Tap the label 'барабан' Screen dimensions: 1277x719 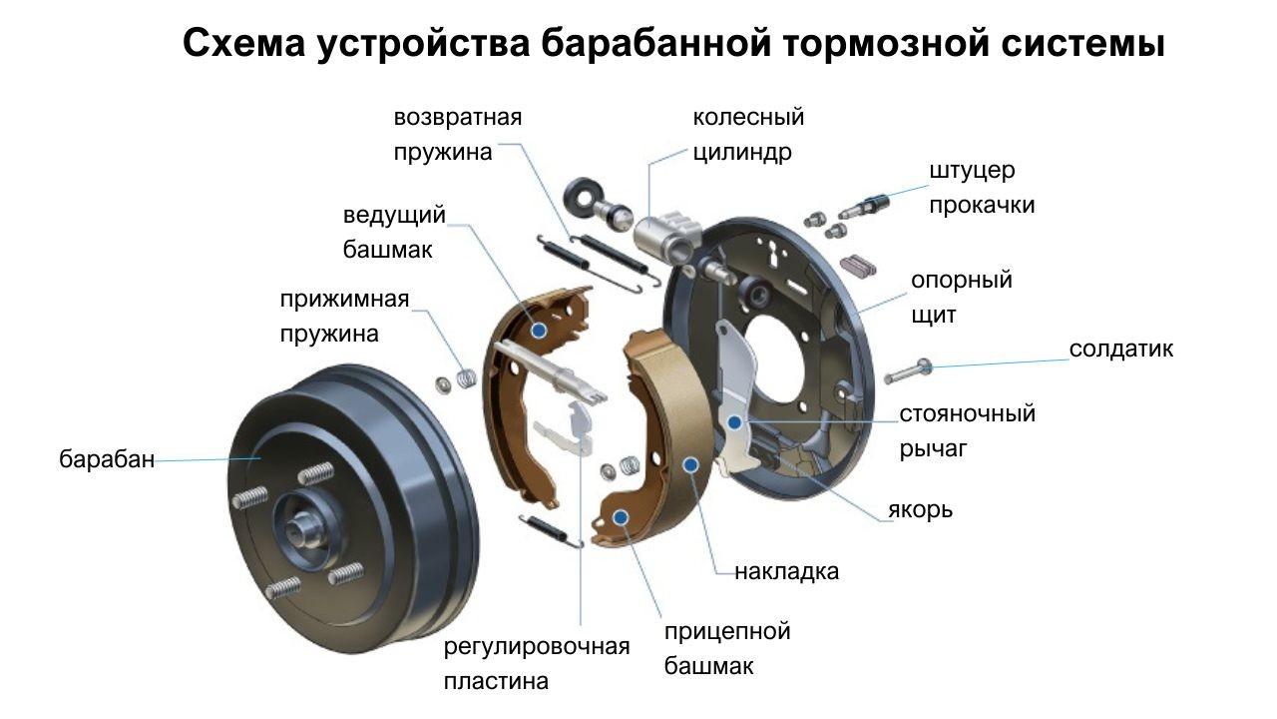[x=107, y=459]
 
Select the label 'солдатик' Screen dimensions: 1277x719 [x=1120, y=349]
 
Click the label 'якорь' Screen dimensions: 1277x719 [x=920, y=509]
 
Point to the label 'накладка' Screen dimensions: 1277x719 [x=787, y=572]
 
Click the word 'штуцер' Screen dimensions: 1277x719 [x=973, y=171]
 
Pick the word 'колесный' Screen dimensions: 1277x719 [x=748, y=117]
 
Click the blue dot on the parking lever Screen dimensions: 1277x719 [x=735, y=422]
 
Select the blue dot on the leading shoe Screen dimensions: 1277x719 [x=539, y=331]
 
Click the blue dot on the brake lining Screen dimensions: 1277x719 [x=691, y=465]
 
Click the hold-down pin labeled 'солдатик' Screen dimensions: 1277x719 [x=908, y=370]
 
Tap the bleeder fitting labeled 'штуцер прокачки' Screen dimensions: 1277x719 [x=864, y=207]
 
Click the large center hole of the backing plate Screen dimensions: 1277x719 [x=776, y=366]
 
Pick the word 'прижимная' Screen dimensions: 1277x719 [x=344, y=300]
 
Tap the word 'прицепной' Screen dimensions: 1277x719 [x=727, y=632]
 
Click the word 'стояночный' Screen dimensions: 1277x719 [x=968, y=413]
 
